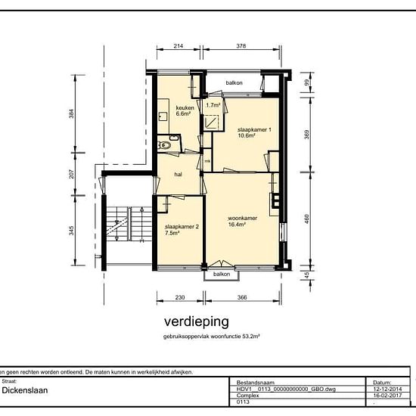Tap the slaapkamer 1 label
[x=253, y=129]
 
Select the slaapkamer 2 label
[x=182, y=226]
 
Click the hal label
[x=179, y=173]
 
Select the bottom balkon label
[x=222, y=273]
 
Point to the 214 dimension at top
[x=179, y=46]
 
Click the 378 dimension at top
[x=241, y=46]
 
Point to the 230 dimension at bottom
[x=180, y=297]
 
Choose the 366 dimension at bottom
[x=242, y=297]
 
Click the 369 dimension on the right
[x=306, y=134]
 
